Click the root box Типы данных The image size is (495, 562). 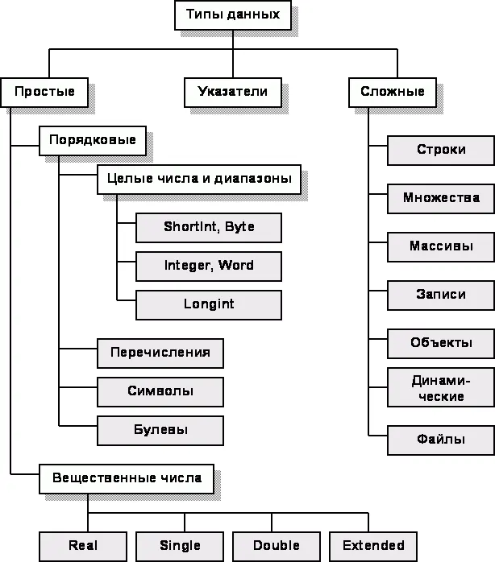(x=233, y=14)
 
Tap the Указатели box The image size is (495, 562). (x=232, y=92)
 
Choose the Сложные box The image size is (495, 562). (x=397, y=92)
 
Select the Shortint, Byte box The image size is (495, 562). (x=209, y=227)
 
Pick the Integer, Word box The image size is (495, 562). (x=209, y=266)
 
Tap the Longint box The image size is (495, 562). (x=209, y=304)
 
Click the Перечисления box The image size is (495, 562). (x=160, y=353)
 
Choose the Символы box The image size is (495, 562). (x=160, y=391)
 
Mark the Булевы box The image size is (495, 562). (x=160, y=430)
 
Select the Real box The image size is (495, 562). (x=83, y=545)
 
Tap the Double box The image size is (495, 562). (x=277, y=545)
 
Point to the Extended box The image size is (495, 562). (x=373, y=545)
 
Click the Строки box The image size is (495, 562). (x=441, y=150)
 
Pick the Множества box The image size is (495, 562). (x=441, y=198)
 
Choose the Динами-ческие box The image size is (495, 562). (x=441, y=388)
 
